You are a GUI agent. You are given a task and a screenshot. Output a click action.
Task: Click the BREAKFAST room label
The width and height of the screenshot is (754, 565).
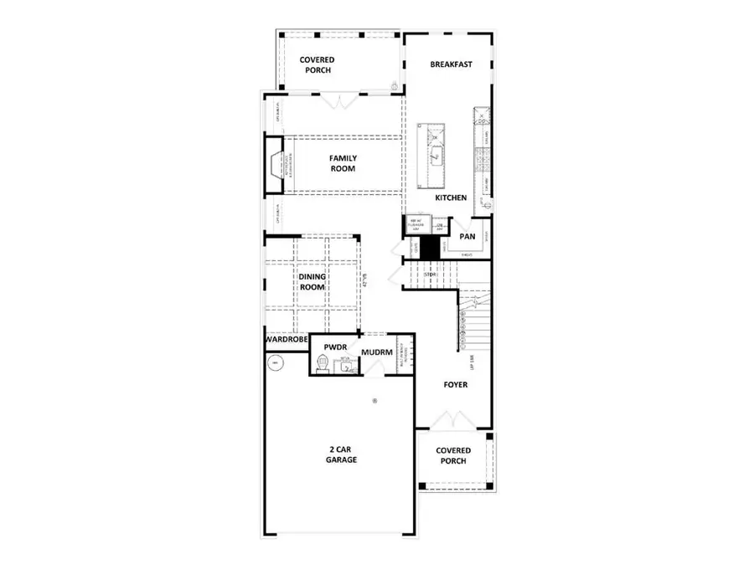[x=452, y=64]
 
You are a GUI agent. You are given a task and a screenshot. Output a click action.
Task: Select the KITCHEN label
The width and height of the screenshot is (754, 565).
[x=450, y=198]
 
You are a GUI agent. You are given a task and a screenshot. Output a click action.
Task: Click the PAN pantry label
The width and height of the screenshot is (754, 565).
[x=467, y=236]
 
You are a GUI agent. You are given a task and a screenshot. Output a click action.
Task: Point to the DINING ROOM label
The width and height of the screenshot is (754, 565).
[x=311, y=280]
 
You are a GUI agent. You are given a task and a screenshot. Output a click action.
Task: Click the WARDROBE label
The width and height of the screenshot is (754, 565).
[x=286, y=342]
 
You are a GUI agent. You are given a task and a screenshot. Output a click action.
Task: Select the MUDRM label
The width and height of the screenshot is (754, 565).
[x=377, y=352]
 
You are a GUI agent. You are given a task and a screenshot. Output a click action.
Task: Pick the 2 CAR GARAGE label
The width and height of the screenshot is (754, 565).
[x=341, y=454]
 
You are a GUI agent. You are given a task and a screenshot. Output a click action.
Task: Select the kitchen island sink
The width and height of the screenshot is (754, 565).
[x=435, y=156]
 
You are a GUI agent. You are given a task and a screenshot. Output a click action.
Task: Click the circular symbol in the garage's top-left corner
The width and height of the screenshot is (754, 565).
[x=274, y=362]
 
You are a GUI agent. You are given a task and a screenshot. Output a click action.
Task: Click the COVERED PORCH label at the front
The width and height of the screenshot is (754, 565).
[x=453, y=455]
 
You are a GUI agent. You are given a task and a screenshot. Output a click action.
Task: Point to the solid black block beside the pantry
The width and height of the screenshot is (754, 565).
[x=430, y=248]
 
